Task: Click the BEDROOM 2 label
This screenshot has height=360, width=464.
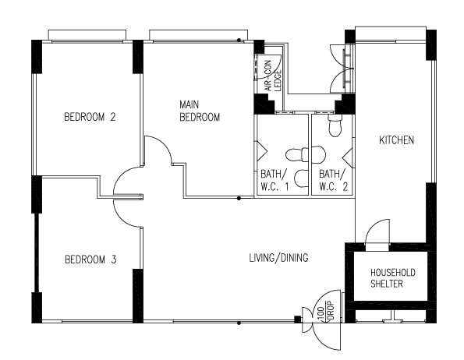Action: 90,117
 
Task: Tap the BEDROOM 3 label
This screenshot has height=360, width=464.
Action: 90,259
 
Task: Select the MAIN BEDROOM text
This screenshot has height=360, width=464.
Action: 200,111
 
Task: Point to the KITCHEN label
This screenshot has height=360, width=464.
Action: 396,139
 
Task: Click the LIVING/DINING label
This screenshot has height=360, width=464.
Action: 278,258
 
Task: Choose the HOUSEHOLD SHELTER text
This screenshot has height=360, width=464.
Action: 393,278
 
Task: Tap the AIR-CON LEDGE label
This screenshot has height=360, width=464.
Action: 273,76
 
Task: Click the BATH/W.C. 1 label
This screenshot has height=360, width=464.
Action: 274,180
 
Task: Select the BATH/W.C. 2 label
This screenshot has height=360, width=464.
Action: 333,180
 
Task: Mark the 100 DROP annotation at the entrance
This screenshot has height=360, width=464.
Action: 325,311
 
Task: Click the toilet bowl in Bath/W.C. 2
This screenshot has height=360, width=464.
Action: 335,125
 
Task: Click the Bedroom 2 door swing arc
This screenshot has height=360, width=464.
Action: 119,175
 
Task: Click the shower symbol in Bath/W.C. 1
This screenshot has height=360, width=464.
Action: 261,151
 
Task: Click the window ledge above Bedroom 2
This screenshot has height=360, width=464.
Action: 87,34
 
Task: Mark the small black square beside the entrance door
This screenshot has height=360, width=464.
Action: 298,319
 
